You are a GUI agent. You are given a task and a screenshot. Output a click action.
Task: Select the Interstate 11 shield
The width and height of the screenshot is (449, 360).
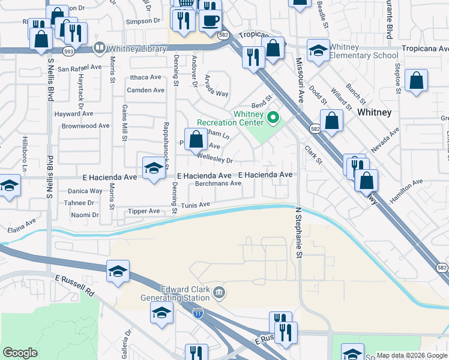(197, 313)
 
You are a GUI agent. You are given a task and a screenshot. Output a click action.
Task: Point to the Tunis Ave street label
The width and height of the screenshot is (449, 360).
(196, 205)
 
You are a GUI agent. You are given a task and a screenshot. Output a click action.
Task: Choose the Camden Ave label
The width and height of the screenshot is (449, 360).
(145, 90)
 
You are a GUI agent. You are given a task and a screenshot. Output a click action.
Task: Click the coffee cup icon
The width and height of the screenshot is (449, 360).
(209, 20)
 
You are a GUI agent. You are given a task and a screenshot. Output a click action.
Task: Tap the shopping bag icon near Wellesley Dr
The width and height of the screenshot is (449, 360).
(196, 139)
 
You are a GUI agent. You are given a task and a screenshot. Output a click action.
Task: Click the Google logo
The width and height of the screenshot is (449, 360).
(20, 353)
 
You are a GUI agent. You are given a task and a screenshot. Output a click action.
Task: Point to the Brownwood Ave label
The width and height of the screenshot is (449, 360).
(85, 126)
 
